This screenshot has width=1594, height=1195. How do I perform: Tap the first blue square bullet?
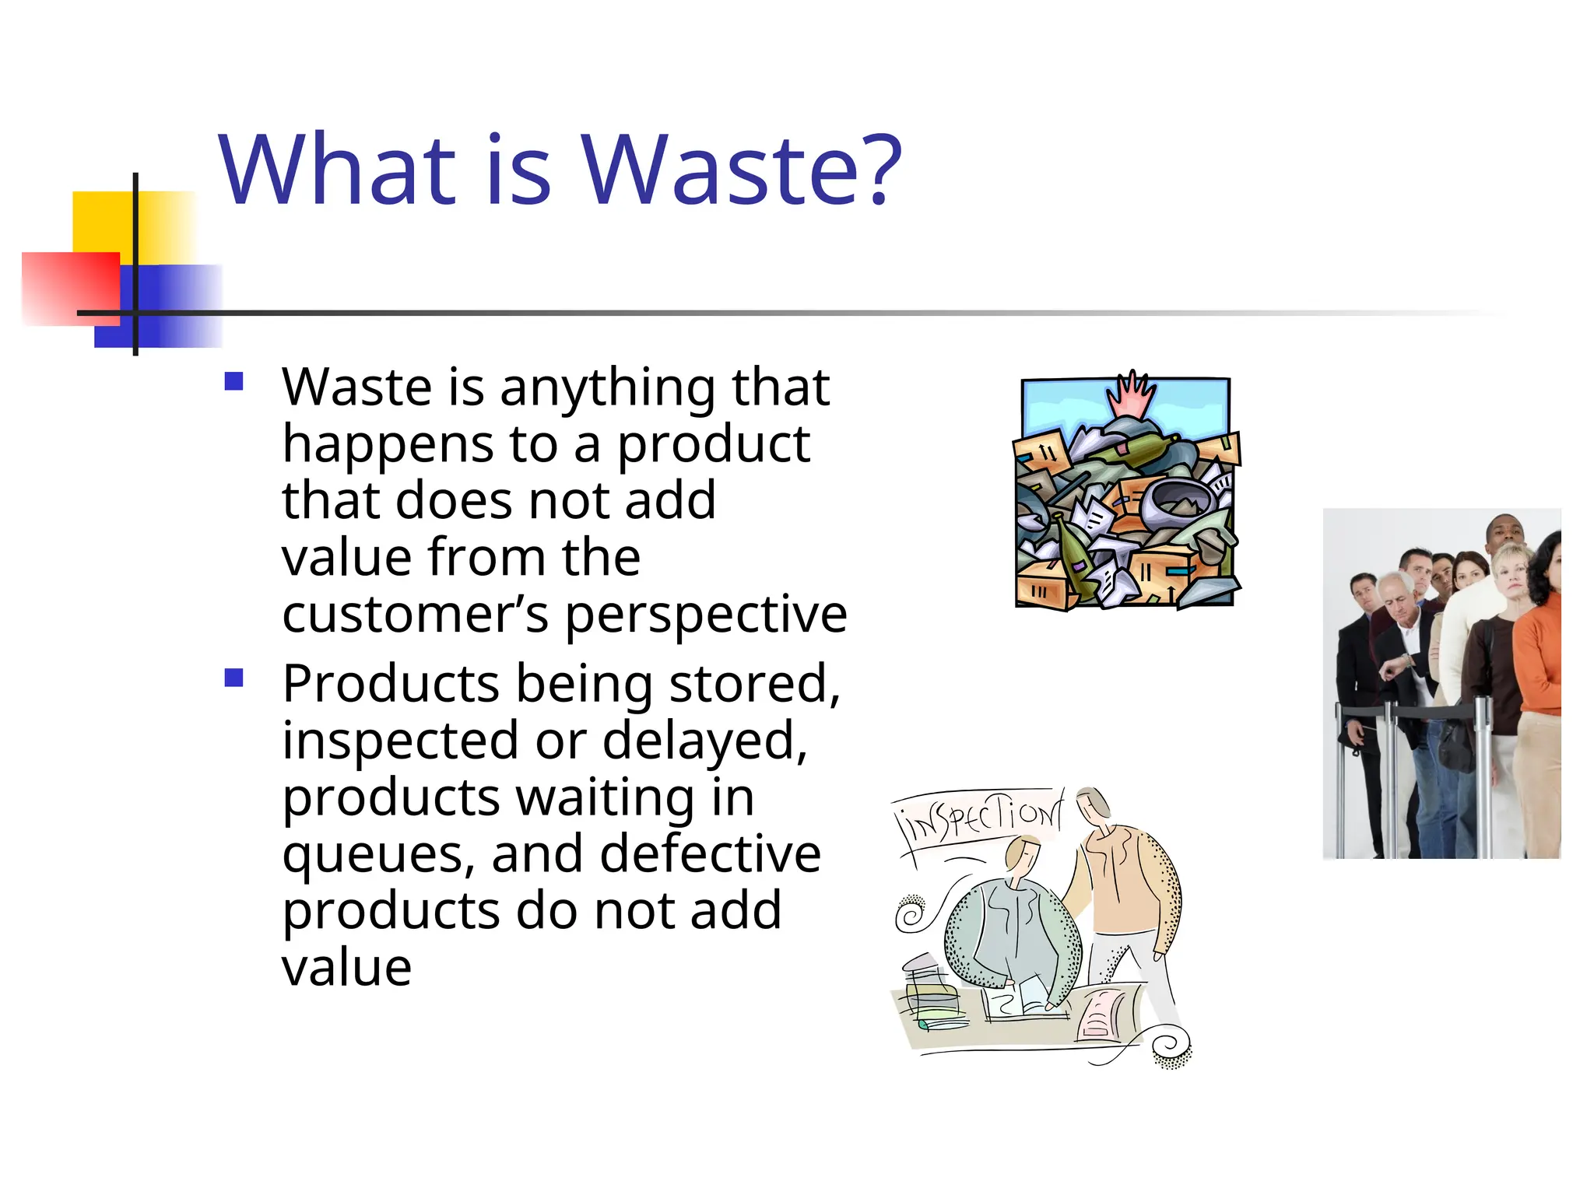pos(233,381)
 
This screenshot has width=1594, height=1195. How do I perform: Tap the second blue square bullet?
pos(233,678)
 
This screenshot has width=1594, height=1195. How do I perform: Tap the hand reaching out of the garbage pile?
pos(1132,395)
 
